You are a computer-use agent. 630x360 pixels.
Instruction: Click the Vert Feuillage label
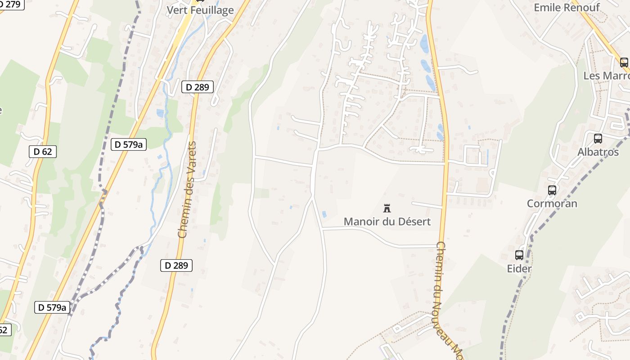tap(200, 10)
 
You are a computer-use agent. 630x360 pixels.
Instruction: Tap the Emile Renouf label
tap(567, 8)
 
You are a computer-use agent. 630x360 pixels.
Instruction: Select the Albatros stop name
tap(598, 152)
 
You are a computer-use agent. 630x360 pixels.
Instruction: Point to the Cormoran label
tap(552, 203)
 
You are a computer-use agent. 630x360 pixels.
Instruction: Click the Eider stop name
tap(519, 269)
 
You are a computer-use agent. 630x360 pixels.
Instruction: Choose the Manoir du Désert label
tap(387, 221)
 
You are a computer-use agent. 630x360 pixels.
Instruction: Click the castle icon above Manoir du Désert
tap(387, 208)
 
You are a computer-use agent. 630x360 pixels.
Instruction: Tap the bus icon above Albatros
tap(598, 139)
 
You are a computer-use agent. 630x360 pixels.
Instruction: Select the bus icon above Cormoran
tap(552, 190)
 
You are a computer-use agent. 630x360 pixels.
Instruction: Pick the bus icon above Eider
tap(519, 255)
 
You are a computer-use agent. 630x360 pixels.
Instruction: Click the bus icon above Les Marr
tap(624, 63)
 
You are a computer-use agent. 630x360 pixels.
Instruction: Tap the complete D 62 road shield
tap(43, 152)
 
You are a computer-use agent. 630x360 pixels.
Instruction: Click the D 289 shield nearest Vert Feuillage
tap(197, 87)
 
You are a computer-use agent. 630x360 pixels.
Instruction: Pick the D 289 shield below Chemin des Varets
tap(176, 265)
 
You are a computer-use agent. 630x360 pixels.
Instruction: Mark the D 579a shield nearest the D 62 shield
tap(128, 144)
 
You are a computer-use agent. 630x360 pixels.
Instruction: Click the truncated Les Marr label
tap(606, 76)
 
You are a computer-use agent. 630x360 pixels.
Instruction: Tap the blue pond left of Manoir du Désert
tap(324, 214)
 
